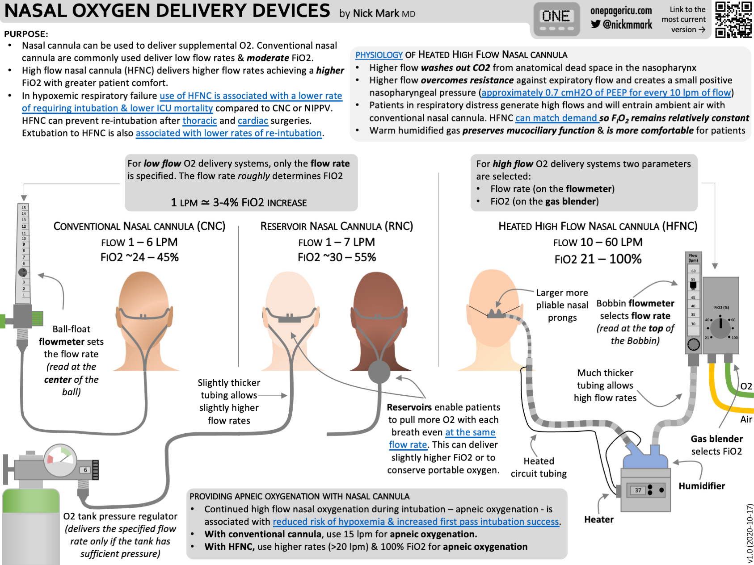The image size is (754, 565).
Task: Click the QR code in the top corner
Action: tap(733, 19)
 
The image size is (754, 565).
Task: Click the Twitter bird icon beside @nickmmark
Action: tap(595, 24)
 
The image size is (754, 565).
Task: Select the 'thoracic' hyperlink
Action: tap(199, 121)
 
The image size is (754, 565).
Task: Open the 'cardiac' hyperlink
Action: tap(253, 121)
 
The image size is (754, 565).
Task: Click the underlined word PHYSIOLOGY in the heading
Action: tap(379, 55)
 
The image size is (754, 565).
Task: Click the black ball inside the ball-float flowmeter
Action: tap(23, 272)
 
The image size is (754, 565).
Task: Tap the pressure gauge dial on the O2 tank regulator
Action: tap(60, 460)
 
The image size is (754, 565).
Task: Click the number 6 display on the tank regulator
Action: tap(85, 470)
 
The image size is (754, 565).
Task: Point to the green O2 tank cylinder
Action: tap(31, 527)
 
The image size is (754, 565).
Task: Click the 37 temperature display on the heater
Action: tap(638, 490)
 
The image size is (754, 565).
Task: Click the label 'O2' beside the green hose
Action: tap(746, 386)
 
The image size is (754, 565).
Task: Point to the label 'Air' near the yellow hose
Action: tap(746, 419)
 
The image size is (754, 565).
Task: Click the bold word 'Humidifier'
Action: tap(701, 486)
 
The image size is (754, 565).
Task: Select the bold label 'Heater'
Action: tap(598, 519)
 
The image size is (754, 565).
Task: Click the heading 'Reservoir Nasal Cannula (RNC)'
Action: tap(337, 226)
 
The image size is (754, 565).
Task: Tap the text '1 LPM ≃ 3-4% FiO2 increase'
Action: tap(239, 203)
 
